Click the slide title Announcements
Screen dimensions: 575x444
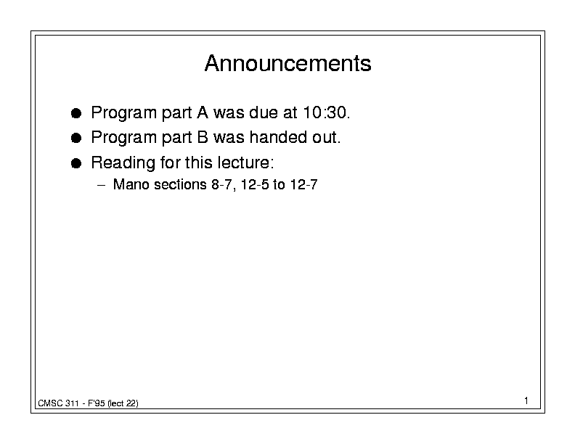pos(288,63)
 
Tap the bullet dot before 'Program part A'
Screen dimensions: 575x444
pos(76,113)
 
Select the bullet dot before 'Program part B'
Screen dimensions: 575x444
pos(76,138)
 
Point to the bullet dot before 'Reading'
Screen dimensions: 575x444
pos(76,163)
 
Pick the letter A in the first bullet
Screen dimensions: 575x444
pos(203,112)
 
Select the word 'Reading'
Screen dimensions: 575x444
pos(123,163)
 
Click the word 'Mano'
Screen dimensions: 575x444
pos(131,184)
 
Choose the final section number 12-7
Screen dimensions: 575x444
pos(303,184)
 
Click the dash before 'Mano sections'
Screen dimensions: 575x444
pos(101,185)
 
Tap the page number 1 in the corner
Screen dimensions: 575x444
pos(526,400)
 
